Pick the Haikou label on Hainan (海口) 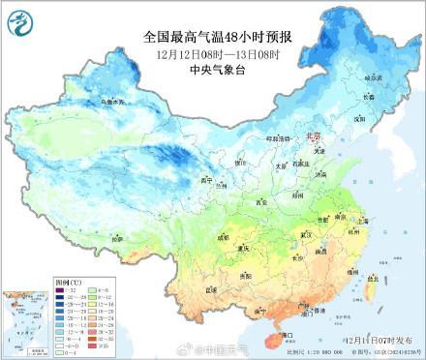[287, 334]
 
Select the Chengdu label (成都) [225, 235]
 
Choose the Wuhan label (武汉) [309, 234]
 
